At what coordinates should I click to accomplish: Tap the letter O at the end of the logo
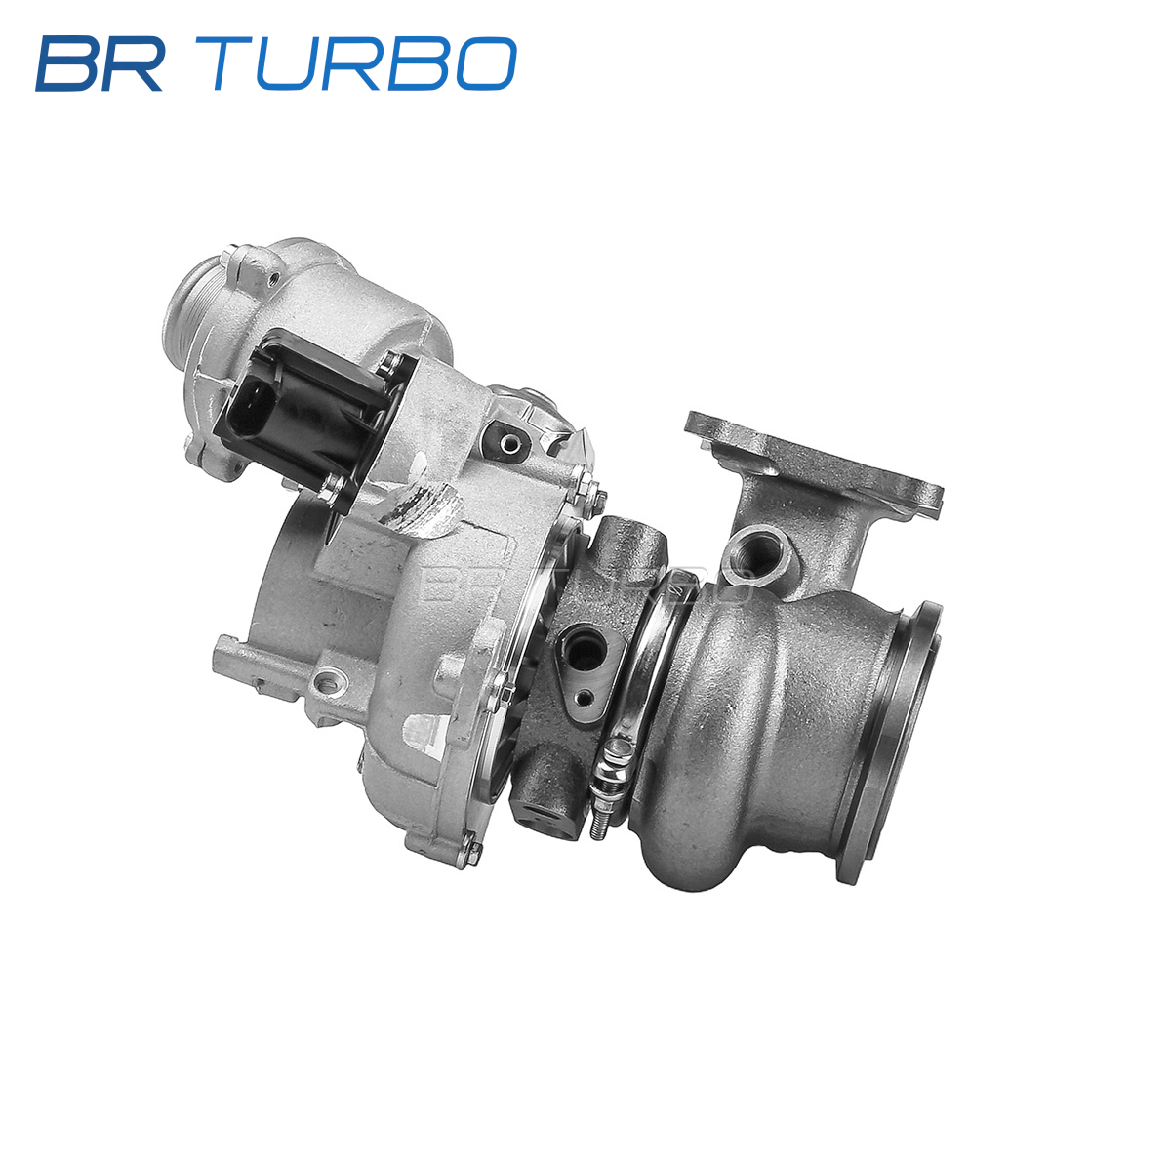(486, 63)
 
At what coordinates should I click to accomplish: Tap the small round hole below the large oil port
(585, 698)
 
